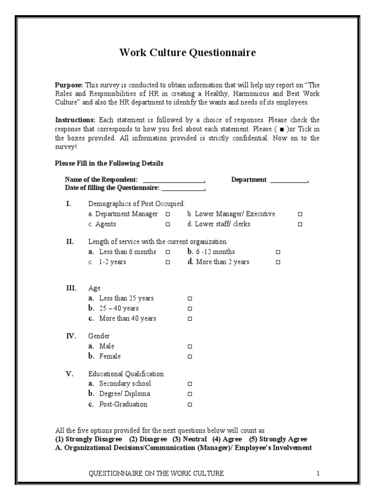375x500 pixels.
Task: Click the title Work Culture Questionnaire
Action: tap(187, 53)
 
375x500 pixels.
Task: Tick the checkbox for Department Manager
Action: tap(167, 214)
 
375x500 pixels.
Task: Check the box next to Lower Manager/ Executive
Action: tap(300, 214)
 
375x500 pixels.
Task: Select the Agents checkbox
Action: tap(167, 225)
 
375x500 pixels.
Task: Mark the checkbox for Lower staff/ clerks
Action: tap(300, 225)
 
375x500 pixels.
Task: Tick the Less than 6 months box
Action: tap(167, 252)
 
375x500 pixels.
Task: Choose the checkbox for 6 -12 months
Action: tap(278, 252)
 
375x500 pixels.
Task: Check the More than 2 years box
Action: tap(278, 262)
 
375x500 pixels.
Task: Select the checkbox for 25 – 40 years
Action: tap(190, 309)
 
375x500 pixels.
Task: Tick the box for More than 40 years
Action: tap(190, 319)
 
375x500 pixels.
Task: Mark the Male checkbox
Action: tap(190, 346)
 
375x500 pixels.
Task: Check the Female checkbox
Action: tap(190, 356)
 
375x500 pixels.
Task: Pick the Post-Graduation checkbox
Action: tap(190, 405)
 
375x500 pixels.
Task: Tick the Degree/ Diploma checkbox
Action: tap(190, 394)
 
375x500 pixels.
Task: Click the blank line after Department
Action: tap(289, 180)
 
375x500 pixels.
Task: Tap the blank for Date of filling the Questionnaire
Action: tap(184, 188)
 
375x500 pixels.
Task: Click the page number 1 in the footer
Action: tap(317, 473)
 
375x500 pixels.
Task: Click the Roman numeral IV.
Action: tap(71, 336)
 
